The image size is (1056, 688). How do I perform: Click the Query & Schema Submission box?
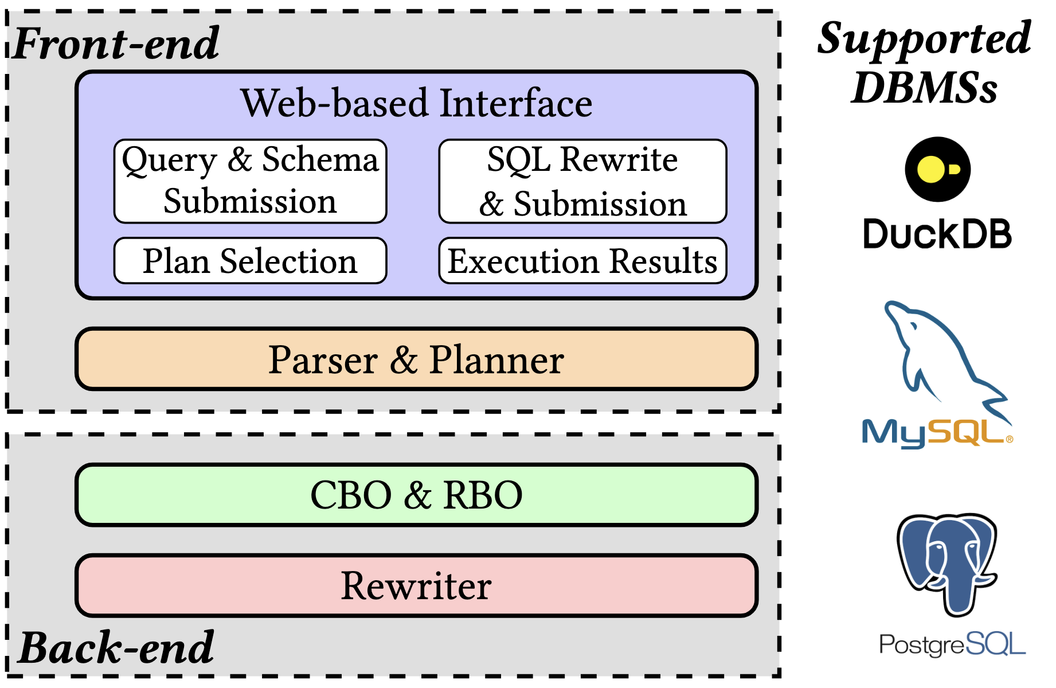point(250,181)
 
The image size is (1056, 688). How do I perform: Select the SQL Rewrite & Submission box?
point(582,181)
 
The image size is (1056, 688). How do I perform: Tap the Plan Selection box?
point(250,261)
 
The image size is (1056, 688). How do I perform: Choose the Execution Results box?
point(582,261)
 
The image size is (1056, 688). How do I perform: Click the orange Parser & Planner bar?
point(416,359)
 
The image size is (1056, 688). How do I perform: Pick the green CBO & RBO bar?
point(416,495)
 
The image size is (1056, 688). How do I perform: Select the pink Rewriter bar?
point(416,585)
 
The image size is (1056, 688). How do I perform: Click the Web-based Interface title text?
point(416,103)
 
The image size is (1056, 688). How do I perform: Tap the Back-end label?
point(117,648)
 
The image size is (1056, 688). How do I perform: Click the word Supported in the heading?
point(924,39)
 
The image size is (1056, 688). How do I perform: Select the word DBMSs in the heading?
point(924,88)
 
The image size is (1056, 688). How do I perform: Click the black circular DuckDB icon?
point(938,169)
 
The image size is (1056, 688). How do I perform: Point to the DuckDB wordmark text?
point(938,234)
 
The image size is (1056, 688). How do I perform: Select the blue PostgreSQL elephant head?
point(947,559)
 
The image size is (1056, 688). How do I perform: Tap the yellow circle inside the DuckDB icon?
point(930,169)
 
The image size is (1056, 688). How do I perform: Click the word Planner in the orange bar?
point(496,360)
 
